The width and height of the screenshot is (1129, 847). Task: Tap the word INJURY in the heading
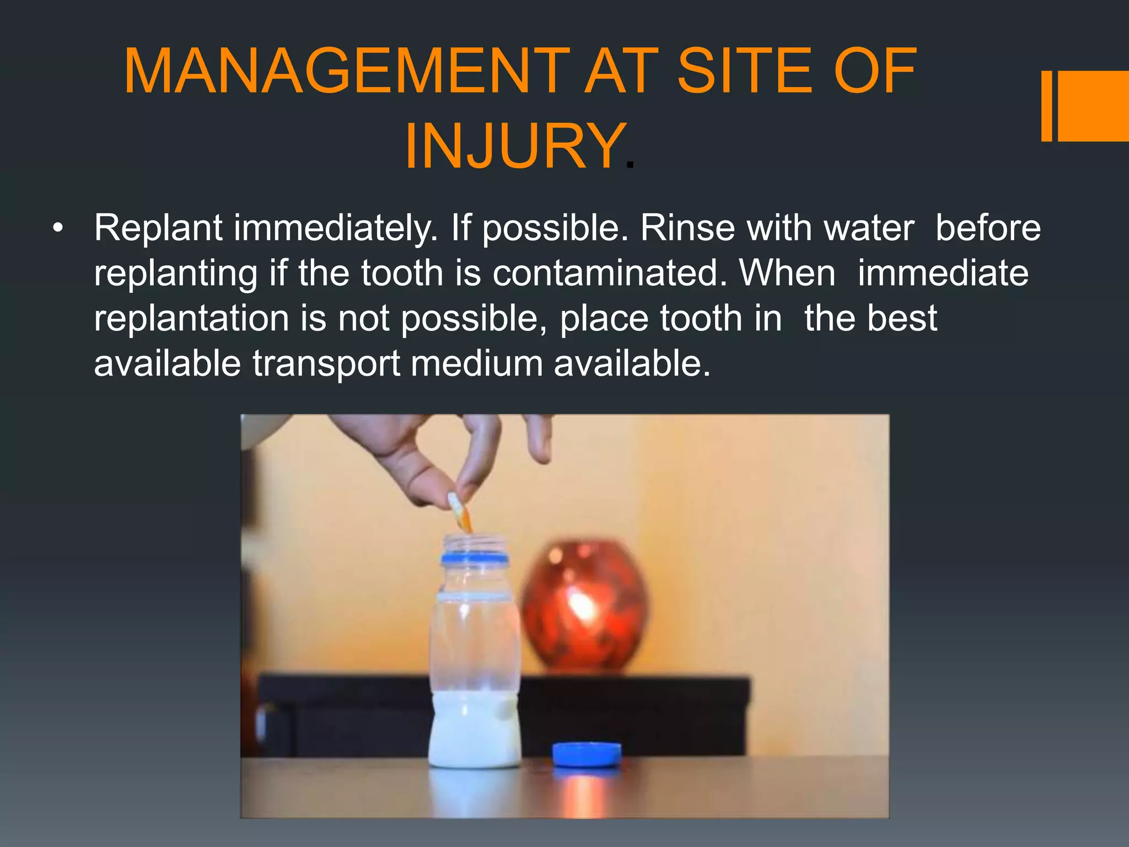point(514,147)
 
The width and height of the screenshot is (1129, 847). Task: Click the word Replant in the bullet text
point(158,228)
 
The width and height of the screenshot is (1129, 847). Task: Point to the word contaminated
point(610,273)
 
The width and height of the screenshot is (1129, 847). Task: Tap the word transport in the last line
point(326,364)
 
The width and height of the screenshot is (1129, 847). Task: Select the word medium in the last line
point(476,364)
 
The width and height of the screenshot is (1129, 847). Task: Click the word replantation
point(191,319)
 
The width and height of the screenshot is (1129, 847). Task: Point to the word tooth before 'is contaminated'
point(402,273)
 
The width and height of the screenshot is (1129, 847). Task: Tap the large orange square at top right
point(1093,106)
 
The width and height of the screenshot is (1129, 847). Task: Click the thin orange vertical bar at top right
point(1046,106)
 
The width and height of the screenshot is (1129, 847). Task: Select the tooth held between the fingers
point(460,511)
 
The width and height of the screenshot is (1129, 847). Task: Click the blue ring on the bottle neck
point(474,559)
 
